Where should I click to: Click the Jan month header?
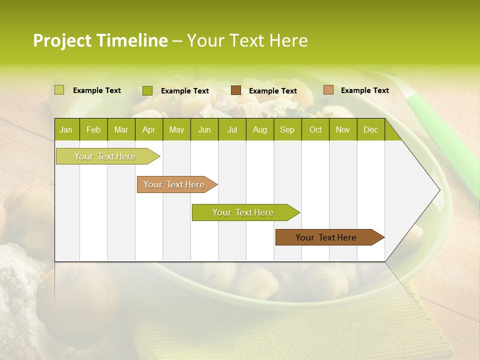click(x=66, y=130)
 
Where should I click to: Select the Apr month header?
click(x=148, y=130)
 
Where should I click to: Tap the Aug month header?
click(x=259, y=130)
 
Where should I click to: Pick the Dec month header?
click(x=370, y=130)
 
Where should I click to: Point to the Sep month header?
click(x=287, y=130)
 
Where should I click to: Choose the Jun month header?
click(x=204, y=130)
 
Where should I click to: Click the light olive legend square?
click(x=59, y=90)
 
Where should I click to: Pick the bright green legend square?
click(x=147, y=90)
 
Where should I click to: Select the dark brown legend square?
click(x=236, y=90)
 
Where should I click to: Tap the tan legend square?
click(x=328, y=90)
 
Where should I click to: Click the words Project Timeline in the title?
click(x=100, y=40)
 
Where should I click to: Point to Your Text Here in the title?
click(x=247, y=40)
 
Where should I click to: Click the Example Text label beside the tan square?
click(x=364, y=90)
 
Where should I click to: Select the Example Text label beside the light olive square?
click(x=96, y=90)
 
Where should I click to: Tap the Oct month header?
click(x=315, y=130)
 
